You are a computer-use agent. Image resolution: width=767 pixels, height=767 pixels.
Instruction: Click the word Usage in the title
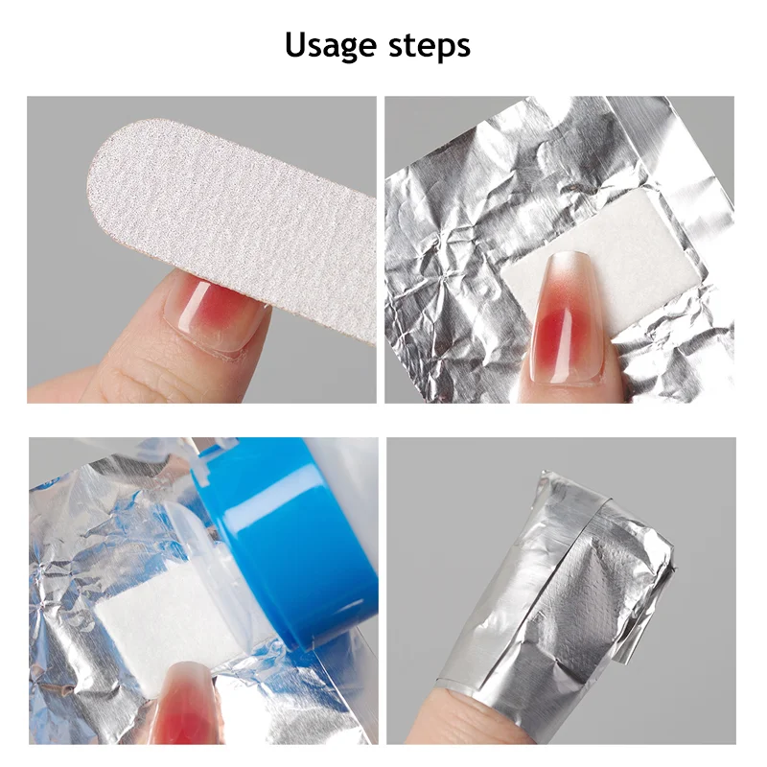(x=330, y=45)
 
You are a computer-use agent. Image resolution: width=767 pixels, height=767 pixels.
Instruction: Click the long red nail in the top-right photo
(x=561, y=316)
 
